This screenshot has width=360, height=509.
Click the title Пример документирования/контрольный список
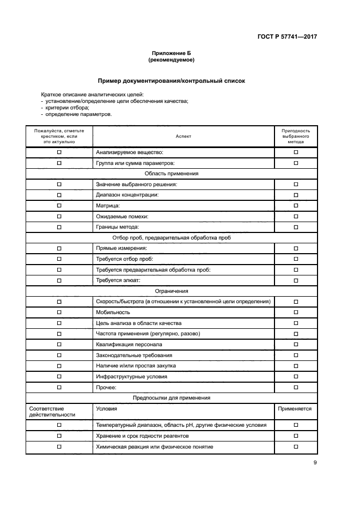171,81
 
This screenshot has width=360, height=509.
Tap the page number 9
315,463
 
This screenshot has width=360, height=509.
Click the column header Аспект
183,136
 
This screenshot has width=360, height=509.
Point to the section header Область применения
171,174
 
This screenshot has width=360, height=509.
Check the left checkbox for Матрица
59,206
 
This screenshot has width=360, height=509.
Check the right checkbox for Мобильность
296,312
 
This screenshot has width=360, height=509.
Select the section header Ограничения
171,291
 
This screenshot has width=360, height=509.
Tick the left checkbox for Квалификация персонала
59,345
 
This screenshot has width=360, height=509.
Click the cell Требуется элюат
118,280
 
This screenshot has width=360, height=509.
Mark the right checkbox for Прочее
296,387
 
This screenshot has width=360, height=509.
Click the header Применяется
295,409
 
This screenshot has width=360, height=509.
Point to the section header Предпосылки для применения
171,398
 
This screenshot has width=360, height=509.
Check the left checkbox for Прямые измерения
59,248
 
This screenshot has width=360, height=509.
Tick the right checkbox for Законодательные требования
296,355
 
